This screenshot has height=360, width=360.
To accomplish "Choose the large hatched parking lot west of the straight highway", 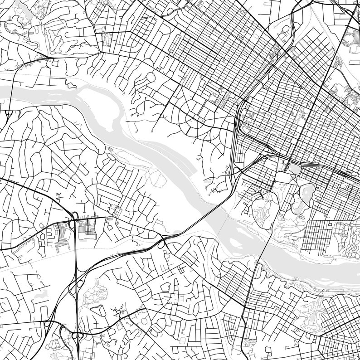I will [61, 236].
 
